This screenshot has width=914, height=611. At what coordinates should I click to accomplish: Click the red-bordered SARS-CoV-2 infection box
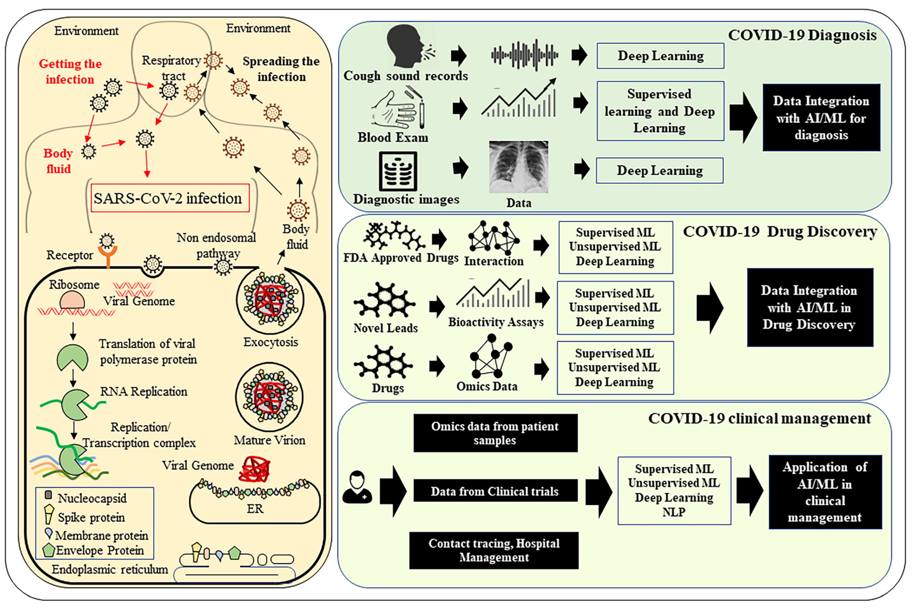click(x=170, y=198)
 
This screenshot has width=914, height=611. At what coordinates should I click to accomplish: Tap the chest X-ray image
click(x=518, y=167)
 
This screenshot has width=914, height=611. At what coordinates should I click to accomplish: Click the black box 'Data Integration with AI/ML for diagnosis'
click(x=821, y=118)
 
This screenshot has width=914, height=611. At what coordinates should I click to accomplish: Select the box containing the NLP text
click(x=674, y=491)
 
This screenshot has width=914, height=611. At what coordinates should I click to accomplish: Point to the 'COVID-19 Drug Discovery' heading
click(x=780, y=232)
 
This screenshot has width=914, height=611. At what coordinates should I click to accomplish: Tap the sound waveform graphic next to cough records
click(x=525, y=55)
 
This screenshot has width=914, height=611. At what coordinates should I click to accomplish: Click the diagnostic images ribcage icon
click(x=398, y=172)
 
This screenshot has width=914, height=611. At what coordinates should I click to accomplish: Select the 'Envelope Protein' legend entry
click(x=93, y=550)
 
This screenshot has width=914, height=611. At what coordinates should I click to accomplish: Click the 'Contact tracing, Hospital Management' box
click(x=493, y=550)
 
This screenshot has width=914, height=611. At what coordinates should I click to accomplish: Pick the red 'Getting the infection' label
click(x=70, y=71)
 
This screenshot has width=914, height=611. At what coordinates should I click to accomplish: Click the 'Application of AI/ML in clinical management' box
click(x=825, y=492)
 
